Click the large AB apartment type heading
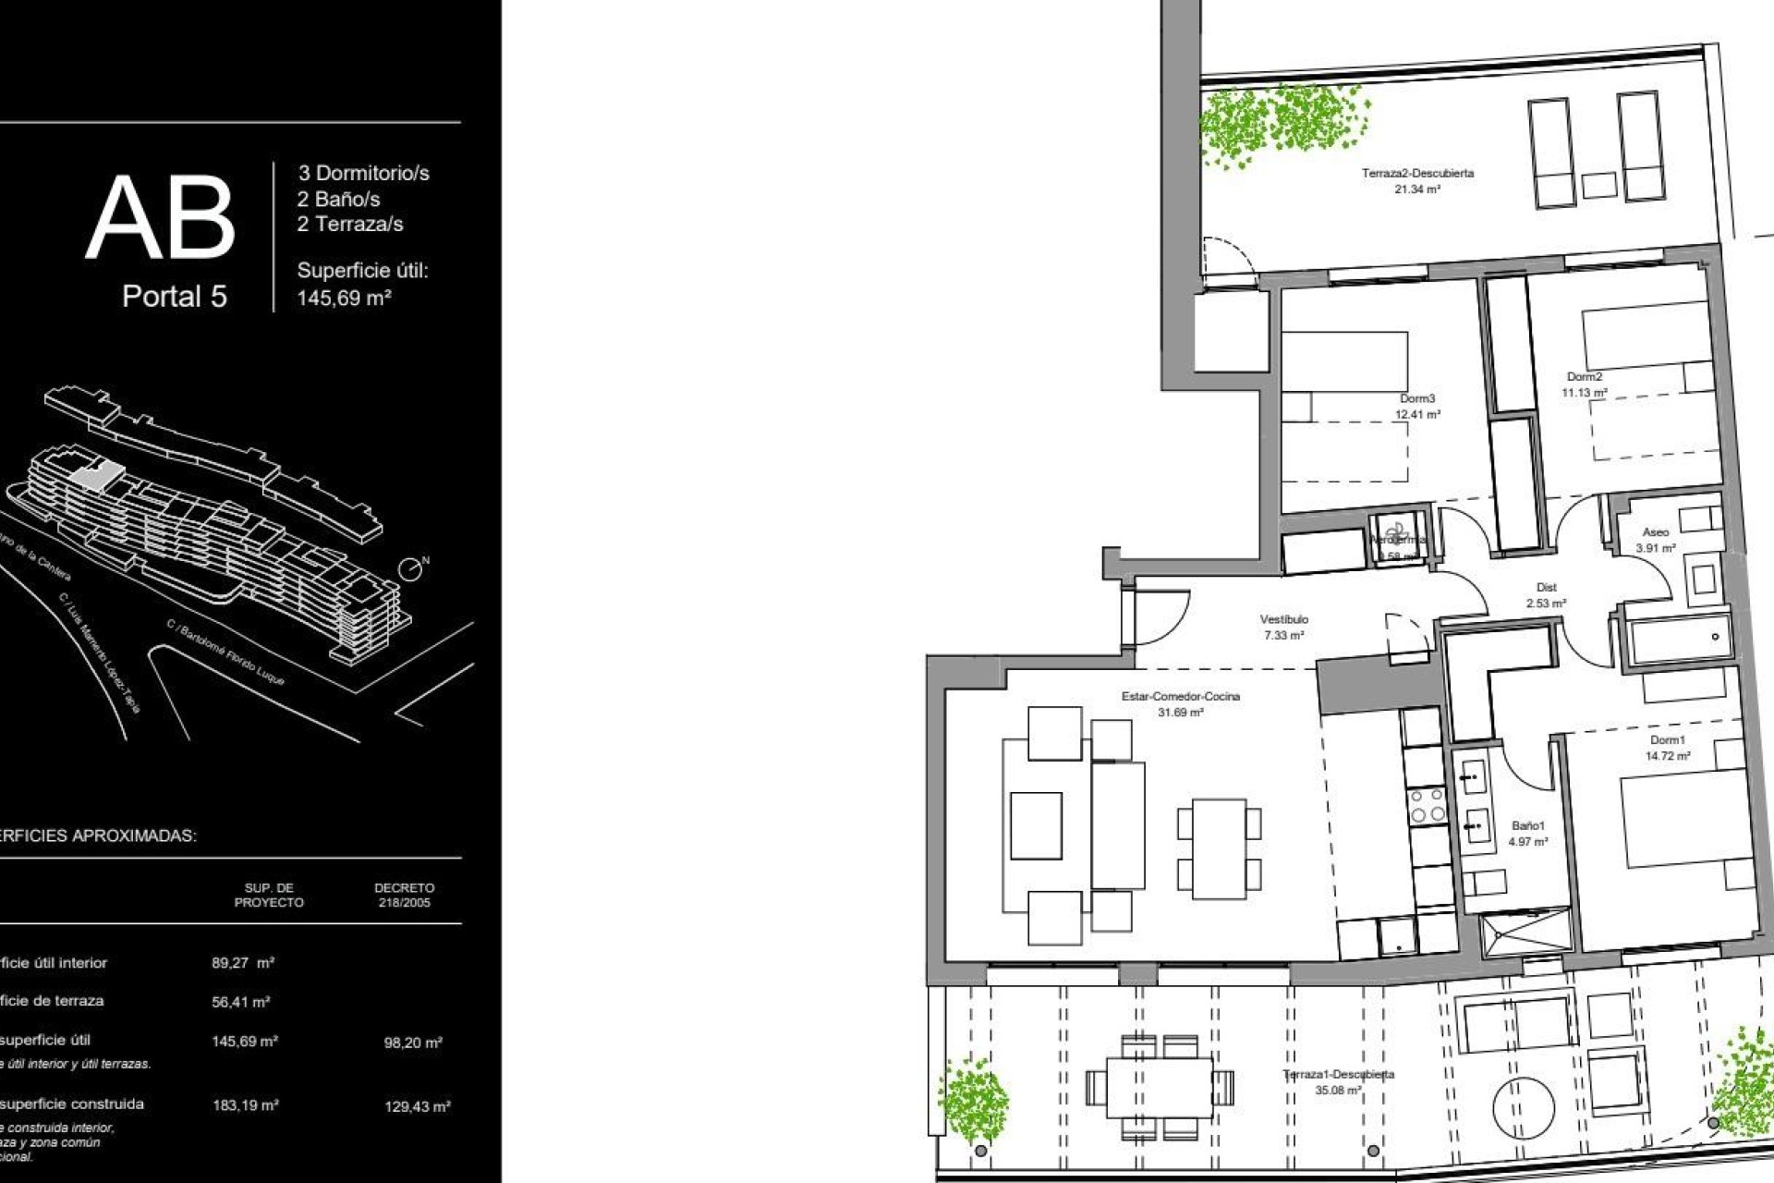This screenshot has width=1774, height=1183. click(161, 218)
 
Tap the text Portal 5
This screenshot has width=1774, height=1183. click(175, 297)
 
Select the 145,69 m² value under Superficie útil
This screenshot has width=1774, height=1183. click(344, 299)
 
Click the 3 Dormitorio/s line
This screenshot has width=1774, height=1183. click(363, 173)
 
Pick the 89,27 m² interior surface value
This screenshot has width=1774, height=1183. click(242, 963)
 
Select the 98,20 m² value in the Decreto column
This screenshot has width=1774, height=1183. click(413, 1043)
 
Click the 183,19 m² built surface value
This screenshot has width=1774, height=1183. click(246, 1104)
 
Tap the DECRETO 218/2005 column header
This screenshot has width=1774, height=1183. click(404, 895)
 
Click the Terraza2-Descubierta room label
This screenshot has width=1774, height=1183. click(1417, 173)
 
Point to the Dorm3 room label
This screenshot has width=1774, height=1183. click(1417, 399)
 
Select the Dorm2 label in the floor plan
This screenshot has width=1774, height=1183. click(1585, 377)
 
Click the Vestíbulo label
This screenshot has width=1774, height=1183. click(1284, 619)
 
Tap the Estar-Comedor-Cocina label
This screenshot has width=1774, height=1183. click(1181, 696)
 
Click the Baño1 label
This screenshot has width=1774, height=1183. click(1528, 825)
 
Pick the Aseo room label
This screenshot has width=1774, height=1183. click(1656, 532)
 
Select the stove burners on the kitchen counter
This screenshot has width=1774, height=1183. click(1426, 805)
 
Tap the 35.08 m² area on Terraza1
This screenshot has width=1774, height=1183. click(1338, 1091)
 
